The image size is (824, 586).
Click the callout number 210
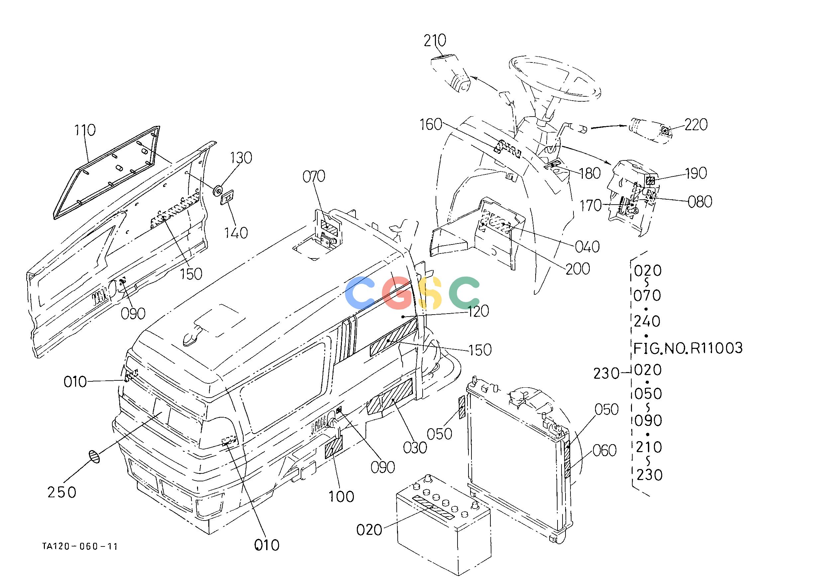[x=435, y=41]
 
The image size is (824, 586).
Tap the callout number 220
[x=696, y=125]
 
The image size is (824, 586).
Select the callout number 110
[x=85, y=130]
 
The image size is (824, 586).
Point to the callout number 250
[x=62, y=492]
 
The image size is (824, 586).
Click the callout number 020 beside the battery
[x=369, y=530]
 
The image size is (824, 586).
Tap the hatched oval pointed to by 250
[x=94, y=456]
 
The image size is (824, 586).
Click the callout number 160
[x=431, y=125]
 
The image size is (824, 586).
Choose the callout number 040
[x=587, y=247]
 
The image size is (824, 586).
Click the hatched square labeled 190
[x=650, y=180]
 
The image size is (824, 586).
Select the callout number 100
[x=341, y=497]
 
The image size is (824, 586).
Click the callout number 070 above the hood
[x=314, y=176]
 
